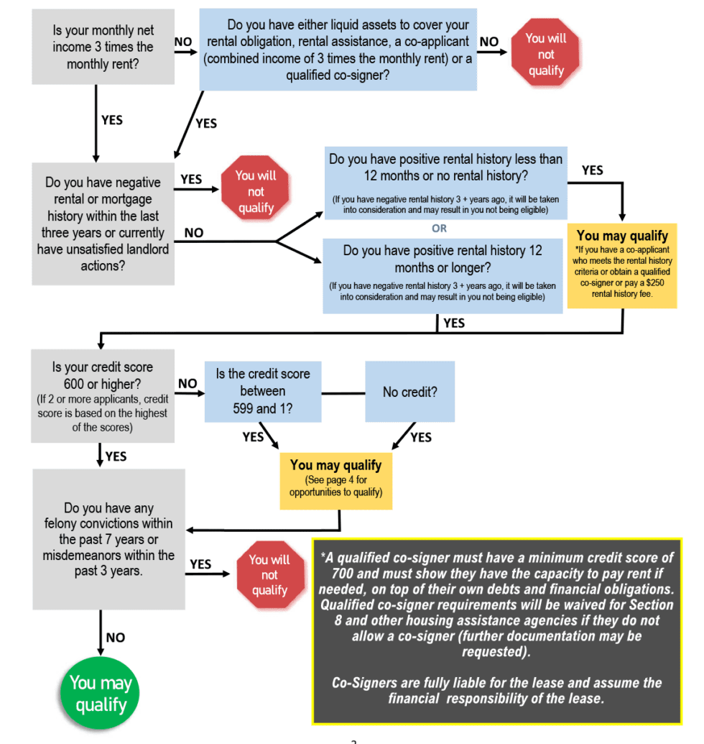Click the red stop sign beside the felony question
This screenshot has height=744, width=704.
click(269, 575)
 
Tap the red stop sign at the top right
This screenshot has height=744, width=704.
click(546, 55)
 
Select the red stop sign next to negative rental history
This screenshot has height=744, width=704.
click(256, 191)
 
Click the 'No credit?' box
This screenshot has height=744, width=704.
click(409, 392)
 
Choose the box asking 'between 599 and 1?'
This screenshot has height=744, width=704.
click(263, 392)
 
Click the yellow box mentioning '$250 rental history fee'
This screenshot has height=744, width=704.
click(622, 265)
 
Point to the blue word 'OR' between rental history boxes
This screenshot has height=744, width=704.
click(439, 229)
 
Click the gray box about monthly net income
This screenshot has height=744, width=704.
click(103, 47)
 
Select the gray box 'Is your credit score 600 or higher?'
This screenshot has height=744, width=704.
click(102, 396)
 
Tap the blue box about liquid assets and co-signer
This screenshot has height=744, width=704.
click(338, 50)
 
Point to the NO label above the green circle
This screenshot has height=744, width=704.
click(115, 638)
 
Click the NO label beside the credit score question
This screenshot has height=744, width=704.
click(187, 384)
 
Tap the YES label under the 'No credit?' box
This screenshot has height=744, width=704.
click(420, 437)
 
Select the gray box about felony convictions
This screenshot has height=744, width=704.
click(108, 539)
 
